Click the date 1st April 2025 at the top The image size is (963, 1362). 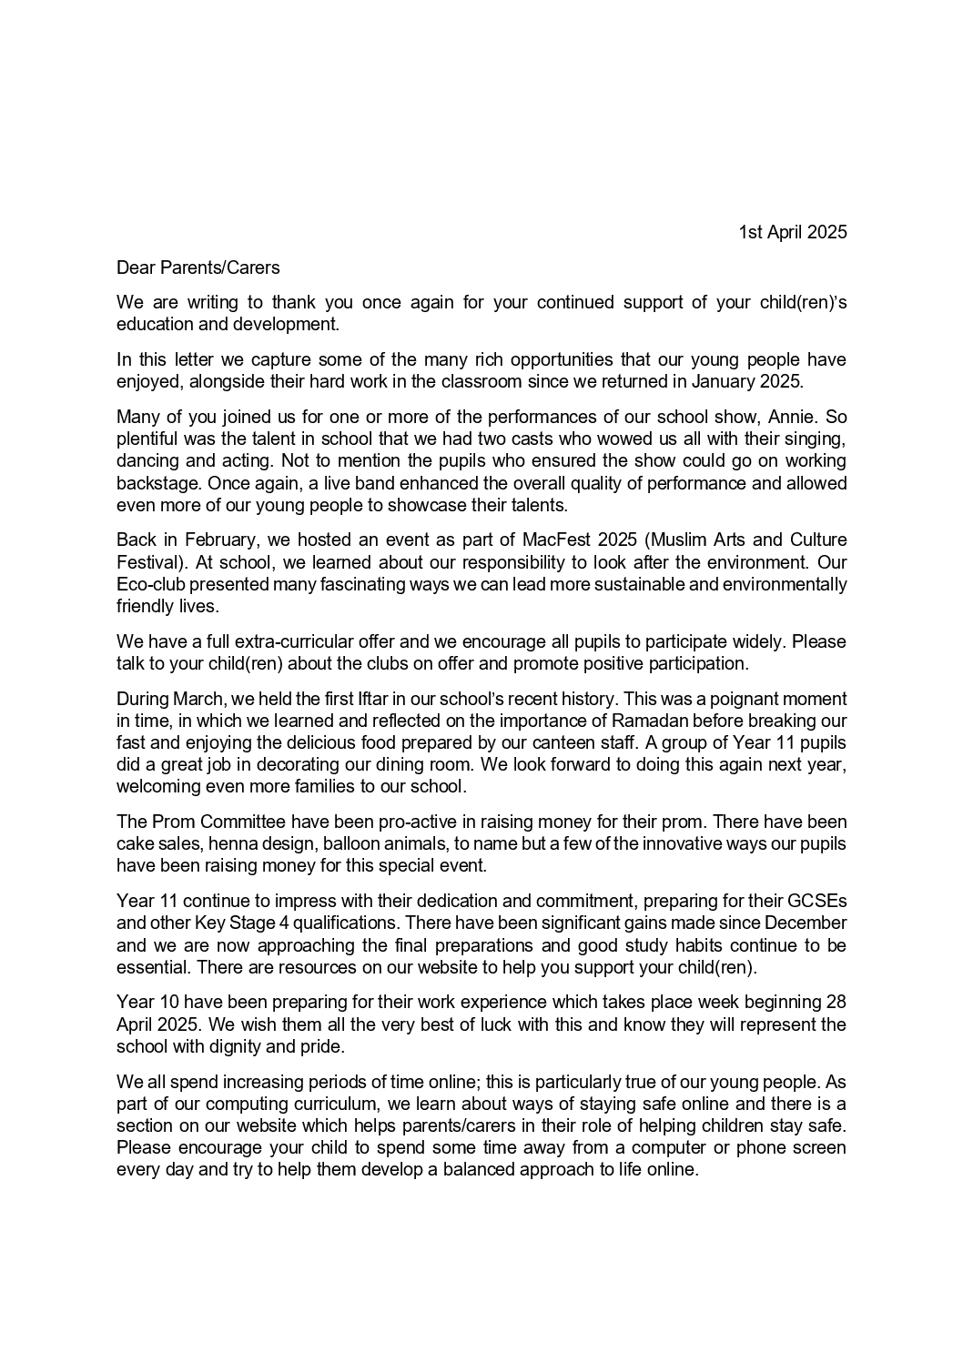(792, 232)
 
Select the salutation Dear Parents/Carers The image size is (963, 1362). (198, 267)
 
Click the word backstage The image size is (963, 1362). (159, 483)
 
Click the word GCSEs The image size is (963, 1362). (816, 901)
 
